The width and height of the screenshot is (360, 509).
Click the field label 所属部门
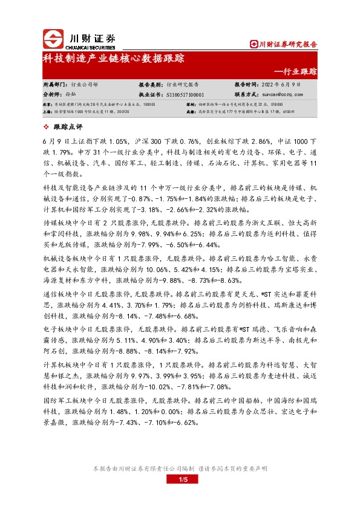54,85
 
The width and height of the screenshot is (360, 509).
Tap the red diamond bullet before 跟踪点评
47,126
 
